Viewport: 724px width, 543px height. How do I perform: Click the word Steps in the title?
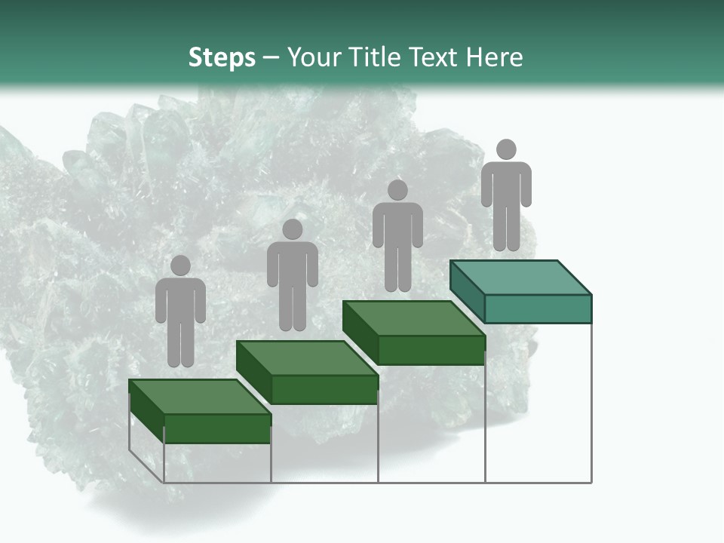click(x=222, y=57)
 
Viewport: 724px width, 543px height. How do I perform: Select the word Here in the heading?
click(x=494, y=57)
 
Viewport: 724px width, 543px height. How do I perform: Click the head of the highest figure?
click(x=506, y=149)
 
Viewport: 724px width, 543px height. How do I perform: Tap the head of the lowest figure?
click(x=180, y=265)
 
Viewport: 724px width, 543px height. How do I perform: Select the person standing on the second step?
click(x=292, y=275)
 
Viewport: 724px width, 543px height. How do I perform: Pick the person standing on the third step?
click(x=397, y=235)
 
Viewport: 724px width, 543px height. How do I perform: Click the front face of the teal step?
click(x=538, y=308)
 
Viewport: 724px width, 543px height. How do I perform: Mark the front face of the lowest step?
click(x=217, y=428)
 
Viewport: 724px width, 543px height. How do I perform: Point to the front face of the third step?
click(x=431, y=350)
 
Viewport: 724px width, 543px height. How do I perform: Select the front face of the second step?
click(x=324, y=389)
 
